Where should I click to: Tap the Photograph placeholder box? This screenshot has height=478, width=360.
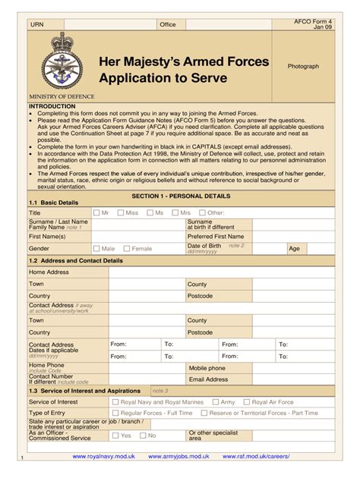pyautogui.click(x=303, y=67)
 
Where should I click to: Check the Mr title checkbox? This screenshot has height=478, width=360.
pyautogui.click(x=96, y=213)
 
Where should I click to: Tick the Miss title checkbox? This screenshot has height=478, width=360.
pyautogui.click(x=121, y=213)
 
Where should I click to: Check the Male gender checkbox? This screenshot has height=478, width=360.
pyautogui.click(x=96, y=248)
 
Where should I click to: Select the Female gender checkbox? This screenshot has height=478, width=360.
pyautogui.click(x=127, y=248)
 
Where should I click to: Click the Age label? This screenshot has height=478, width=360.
pyautogui.click(x=294, y=248)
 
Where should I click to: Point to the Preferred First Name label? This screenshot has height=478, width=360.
pyautogui.click(x=216, y=236)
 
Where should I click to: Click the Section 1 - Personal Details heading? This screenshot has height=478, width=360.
pyautogui.click(x=181, y=196)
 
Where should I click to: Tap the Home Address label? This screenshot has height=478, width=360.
pyautogui.click(x=49, y=272)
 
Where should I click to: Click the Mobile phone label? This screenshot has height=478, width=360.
pyautogui.click(x=207, y=368)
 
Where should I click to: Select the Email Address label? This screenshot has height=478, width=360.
pyautogui.click(x=208, y=379)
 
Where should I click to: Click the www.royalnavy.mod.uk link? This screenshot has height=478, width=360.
pyautogui.click(x=103, y=457)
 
